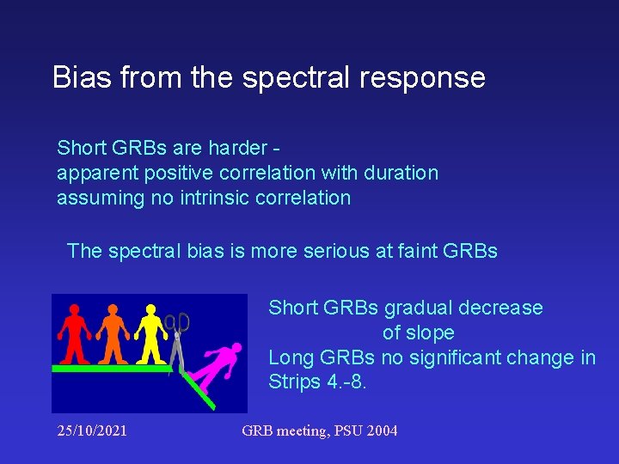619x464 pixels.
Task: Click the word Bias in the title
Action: click(x=83, y=77)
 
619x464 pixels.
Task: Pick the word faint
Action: click(x=414, y=251)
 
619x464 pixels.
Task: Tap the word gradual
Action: click(x=419, y=308)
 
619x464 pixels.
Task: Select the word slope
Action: click(x=430, y=333)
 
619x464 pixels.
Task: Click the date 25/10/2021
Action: click(x=92, y=430)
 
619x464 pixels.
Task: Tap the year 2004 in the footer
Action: click(x=381, y=430)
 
